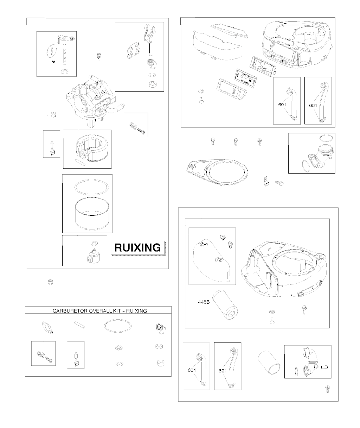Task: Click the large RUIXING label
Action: tap(137, 248)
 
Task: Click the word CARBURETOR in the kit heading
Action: tap(70, 311)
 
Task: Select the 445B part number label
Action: tap(204, 302)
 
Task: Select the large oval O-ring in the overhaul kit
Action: tap(118, 326)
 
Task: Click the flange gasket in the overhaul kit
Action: tap(47, 327)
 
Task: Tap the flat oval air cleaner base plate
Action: tap(217, 171)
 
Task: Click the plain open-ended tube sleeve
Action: tap(269, 363)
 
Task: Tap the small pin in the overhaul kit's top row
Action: tap(79, 325)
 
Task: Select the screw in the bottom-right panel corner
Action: tap(328, 389)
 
